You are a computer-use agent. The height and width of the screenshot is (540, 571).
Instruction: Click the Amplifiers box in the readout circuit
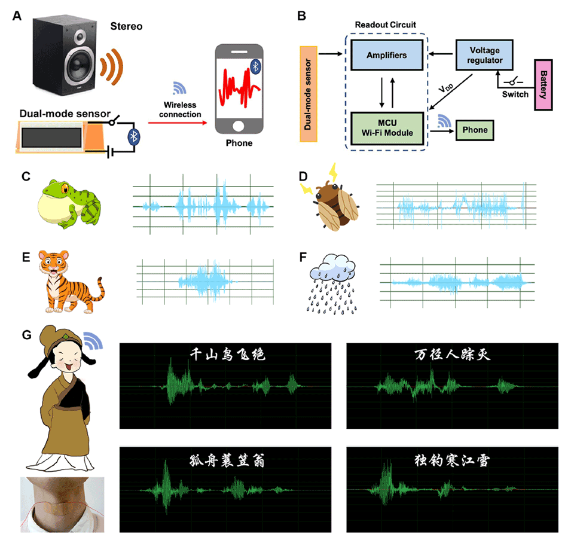(x=387, y=56)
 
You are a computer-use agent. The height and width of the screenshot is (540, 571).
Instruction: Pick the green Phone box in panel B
(x=475, y=130)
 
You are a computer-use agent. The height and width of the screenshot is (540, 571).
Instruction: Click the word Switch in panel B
(x=515, y=94)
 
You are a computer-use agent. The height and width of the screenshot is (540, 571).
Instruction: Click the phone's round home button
(x=239, y=126)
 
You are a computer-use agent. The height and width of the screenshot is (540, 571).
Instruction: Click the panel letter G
(x=26, y=334)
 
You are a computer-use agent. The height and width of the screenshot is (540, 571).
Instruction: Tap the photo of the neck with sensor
(x=62, y=504)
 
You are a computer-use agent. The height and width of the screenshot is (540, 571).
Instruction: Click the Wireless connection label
(x=182, y=110)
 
